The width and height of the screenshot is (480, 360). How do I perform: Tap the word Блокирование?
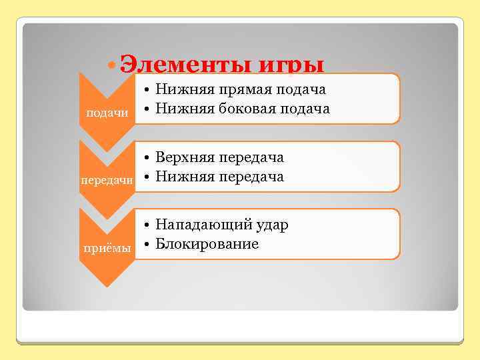(207, 244)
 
